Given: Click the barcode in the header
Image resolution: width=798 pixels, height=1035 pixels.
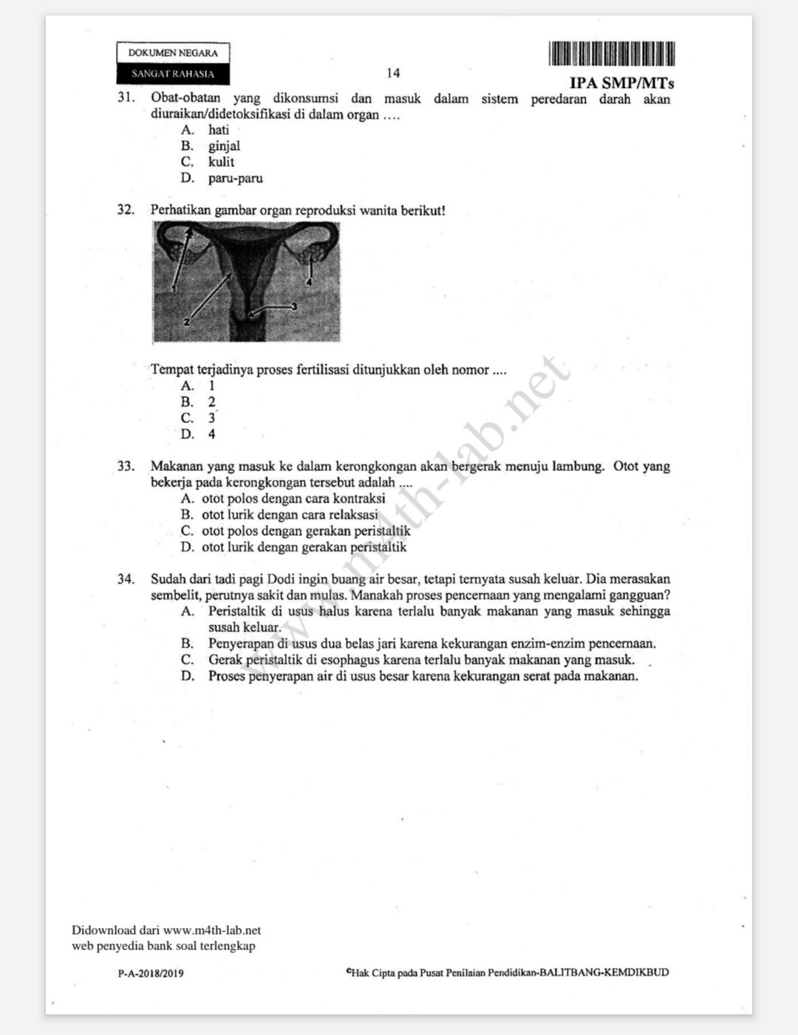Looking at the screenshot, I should pos(611,54).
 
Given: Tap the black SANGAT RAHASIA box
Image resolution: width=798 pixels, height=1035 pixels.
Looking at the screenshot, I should pos(173,74).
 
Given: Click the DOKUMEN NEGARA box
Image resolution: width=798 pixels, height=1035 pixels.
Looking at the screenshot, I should pos(173,53).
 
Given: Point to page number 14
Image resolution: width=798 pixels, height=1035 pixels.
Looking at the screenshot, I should pos(393,73).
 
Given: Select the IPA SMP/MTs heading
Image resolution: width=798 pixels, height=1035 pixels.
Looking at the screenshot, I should pos(621,83).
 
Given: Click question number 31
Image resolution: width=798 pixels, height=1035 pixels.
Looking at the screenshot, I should pos(126,97).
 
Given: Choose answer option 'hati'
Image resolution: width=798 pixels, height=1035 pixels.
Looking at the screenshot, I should pos(219,130).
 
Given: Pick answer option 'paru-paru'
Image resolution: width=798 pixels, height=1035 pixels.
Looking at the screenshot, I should pos(235,179).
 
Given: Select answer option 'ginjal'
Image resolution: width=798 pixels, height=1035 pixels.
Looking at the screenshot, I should pos(224,146).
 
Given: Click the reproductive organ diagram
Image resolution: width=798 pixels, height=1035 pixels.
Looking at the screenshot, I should pos(246,282).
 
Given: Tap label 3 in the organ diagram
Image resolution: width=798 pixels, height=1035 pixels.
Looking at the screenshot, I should pos(293,306).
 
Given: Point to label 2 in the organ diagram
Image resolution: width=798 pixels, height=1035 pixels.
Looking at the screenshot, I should pos(186,322).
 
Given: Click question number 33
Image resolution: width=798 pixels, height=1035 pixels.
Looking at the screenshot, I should pos(126,467).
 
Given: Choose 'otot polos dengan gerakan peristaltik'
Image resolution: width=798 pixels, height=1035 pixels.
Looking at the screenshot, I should pos(306,532).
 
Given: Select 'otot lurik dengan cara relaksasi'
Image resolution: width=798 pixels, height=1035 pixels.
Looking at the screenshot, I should pos(290,515).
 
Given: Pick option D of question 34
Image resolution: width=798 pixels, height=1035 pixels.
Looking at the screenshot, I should pos(423,676).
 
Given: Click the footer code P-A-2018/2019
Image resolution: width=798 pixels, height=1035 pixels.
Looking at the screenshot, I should pos(151,973).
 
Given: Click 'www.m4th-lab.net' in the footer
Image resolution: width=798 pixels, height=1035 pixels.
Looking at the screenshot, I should pos(212,930).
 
